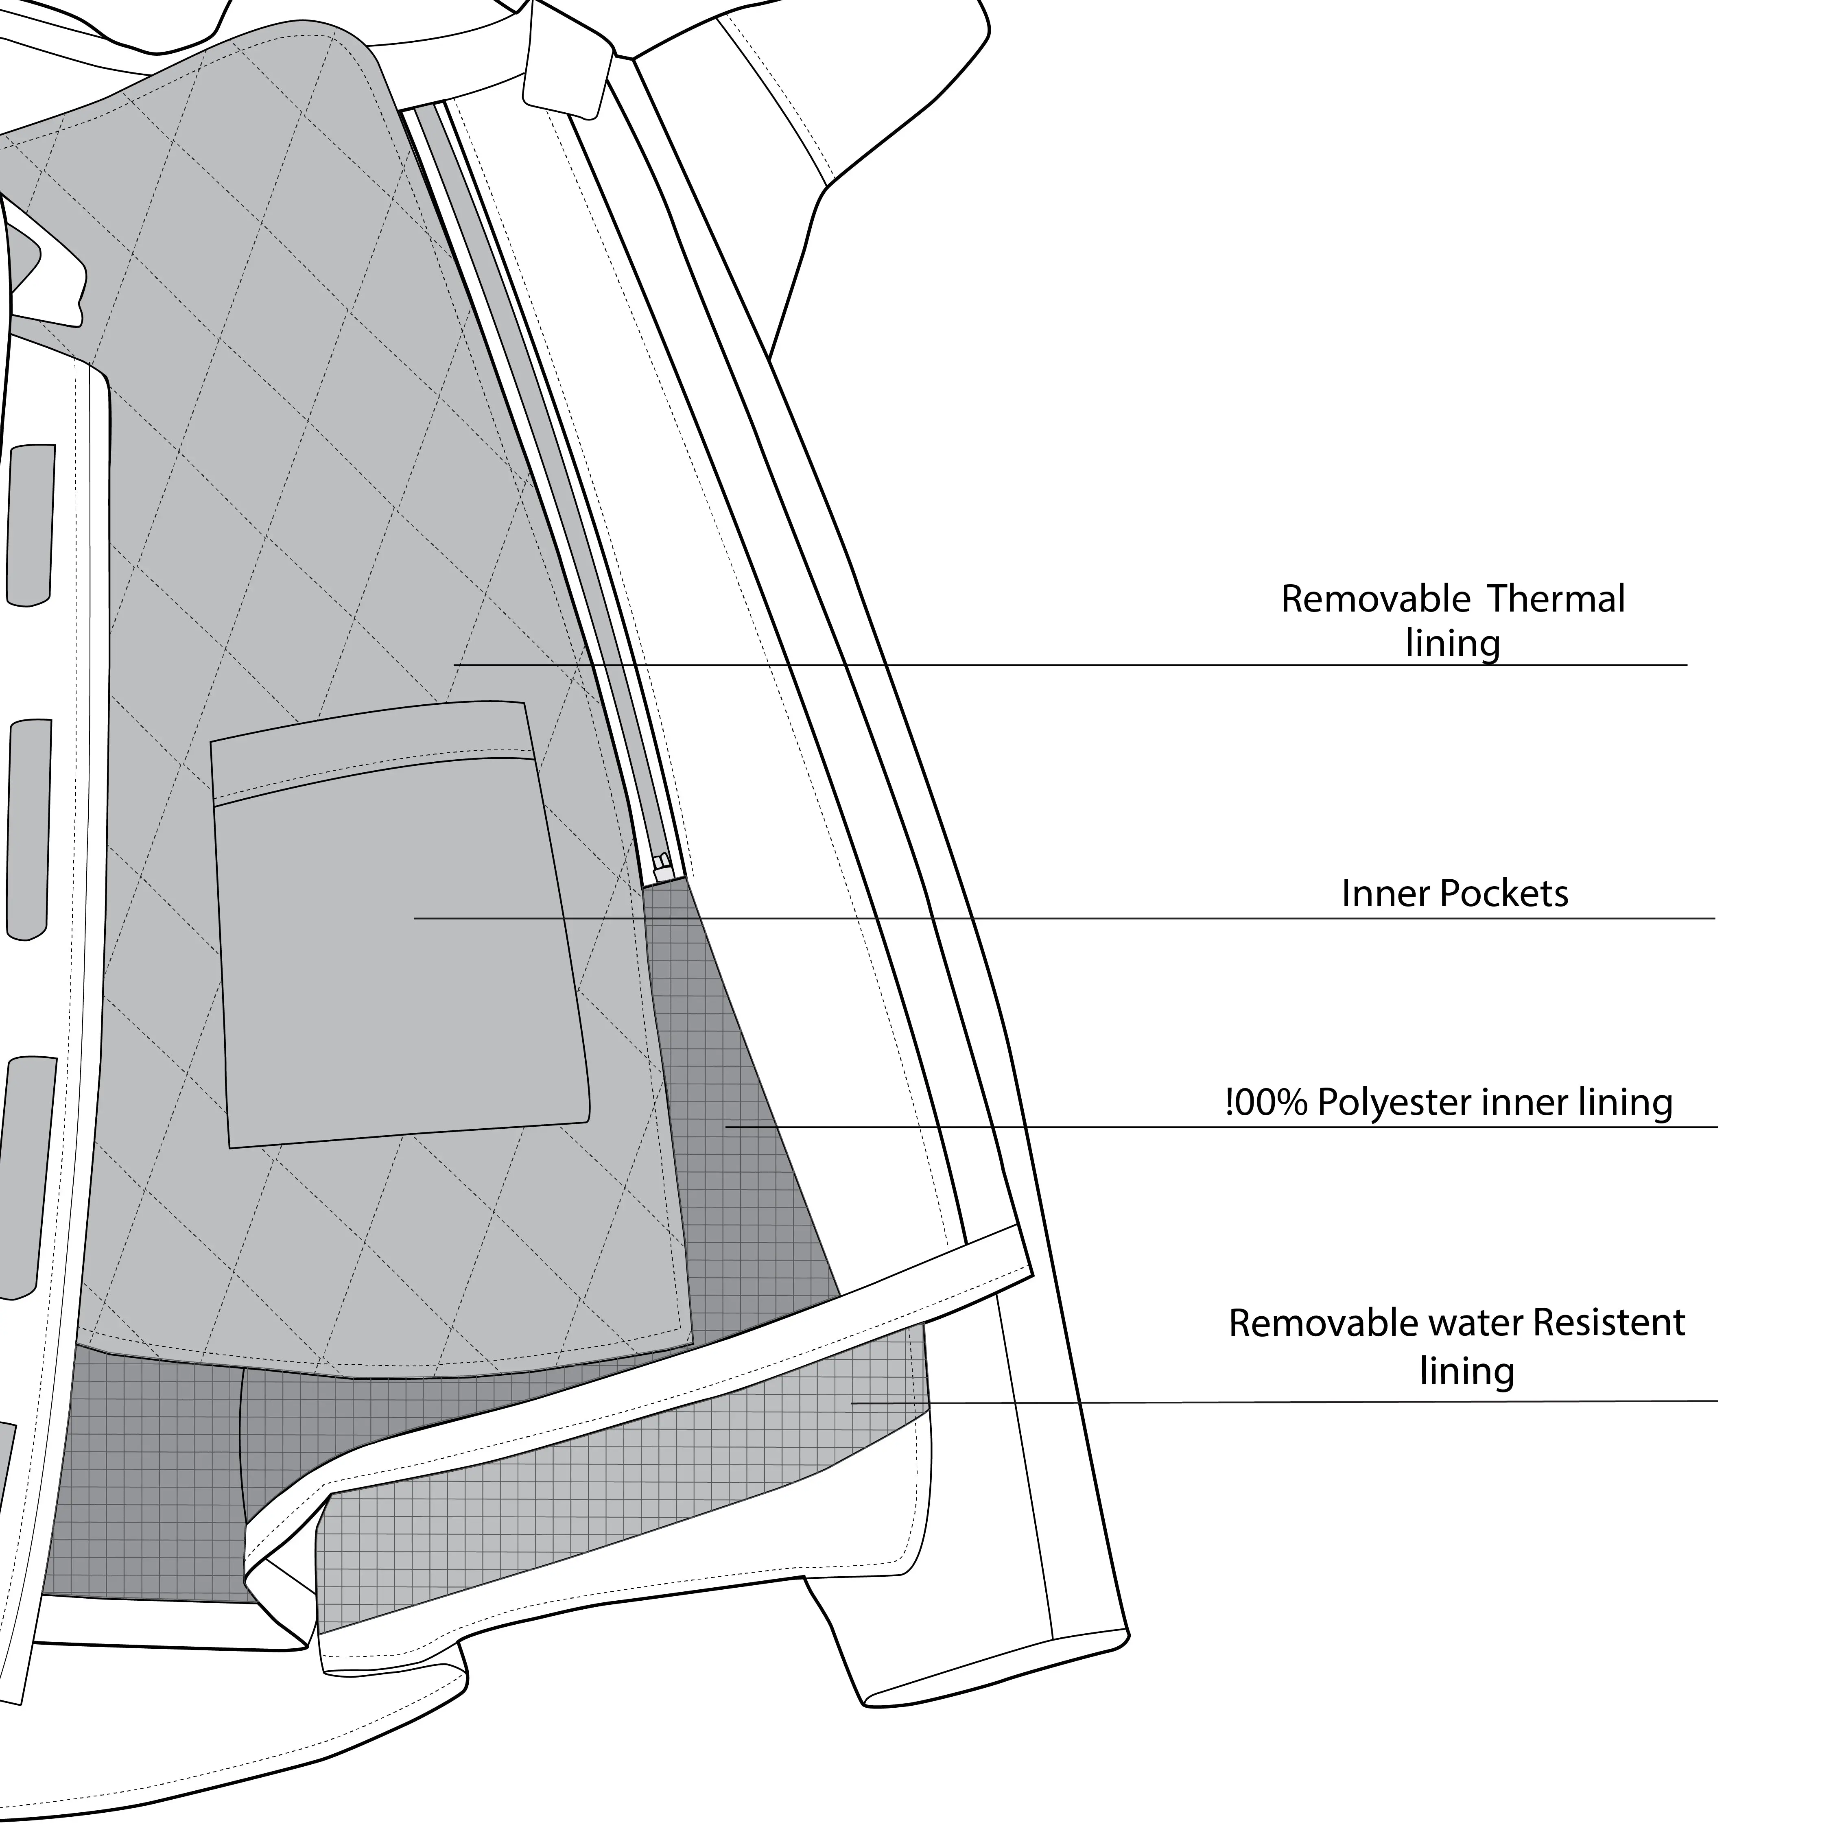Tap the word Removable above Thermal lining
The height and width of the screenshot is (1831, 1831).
pyautogui.click(x=1375, y=599)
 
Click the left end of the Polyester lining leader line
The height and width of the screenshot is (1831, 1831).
pyautogui.click(x=727, y=1127)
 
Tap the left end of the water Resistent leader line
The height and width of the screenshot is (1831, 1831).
pyautogui.click(x=853, y=1404)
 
